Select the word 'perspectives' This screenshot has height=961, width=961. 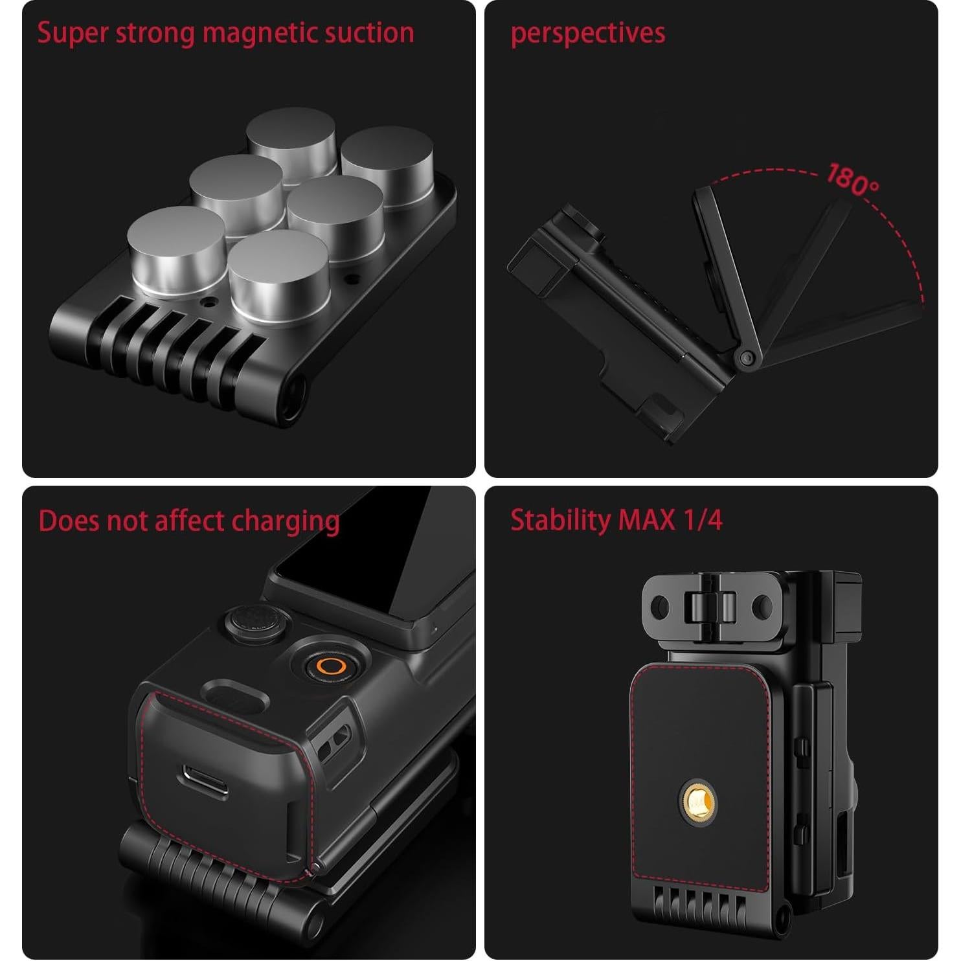click(x=587, y=33)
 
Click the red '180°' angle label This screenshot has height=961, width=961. click(x=852, y=180)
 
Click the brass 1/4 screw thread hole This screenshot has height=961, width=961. click(x=698, y=796)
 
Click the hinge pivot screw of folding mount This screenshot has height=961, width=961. click(x=746, y=358)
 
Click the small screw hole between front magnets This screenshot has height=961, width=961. click(x=209, y=302)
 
